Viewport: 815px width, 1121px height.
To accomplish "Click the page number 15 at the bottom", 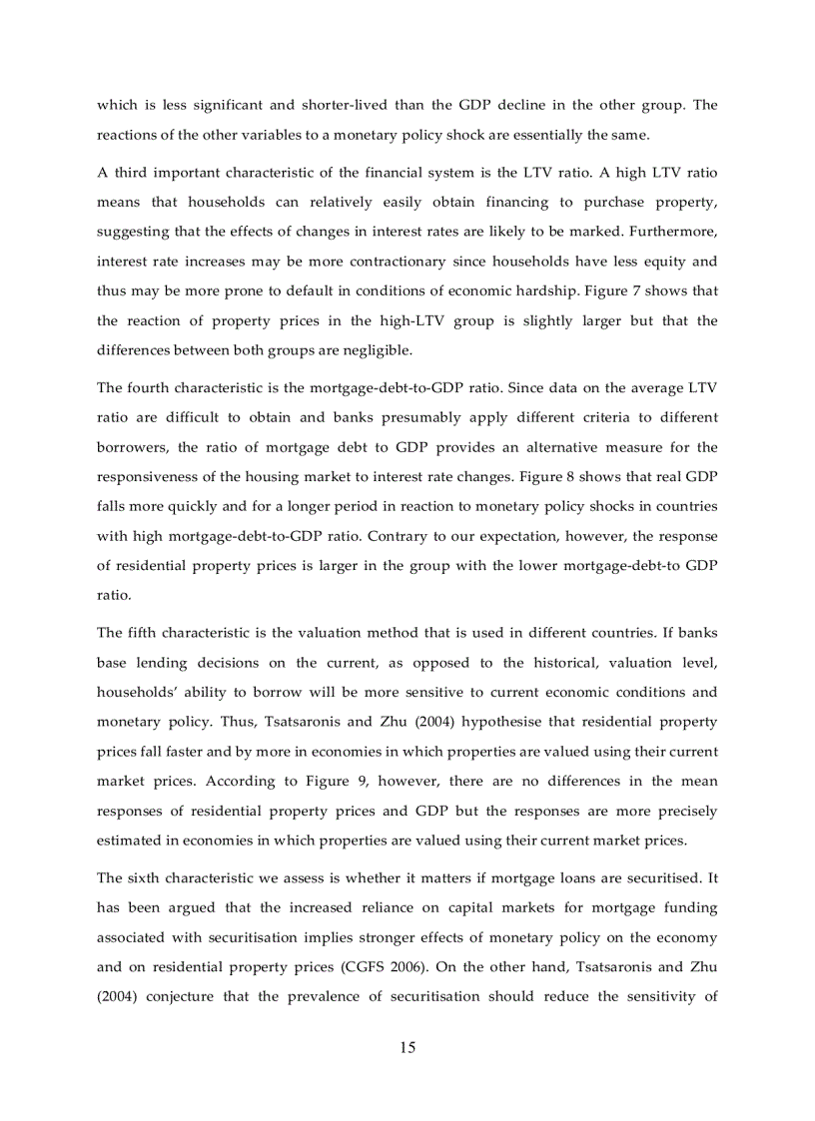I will [407, 1047].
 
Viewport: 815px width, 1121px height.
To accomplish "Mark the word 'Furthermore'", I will [674, 232].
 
